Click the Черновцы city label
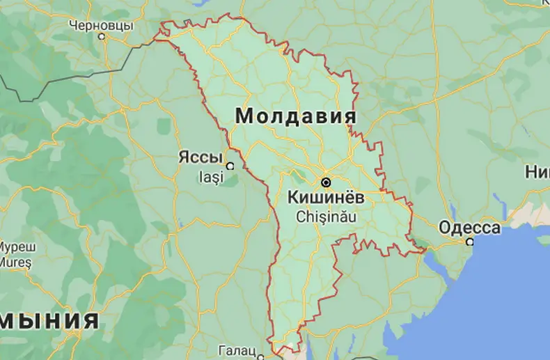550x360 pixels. pos(101,25)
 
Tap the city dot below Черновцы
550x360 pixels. pos(102,36)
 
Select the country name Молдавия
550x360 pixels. pos(296,116)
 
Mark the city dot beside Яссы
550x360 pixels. pos(229,166)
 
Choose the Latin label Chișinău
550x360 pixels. pos(327,216)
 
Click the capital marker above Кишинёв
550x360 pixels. pos(326,182)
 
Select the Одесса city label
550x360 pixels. pos(469,228)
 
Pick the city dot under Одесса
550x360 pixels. pos(470,242)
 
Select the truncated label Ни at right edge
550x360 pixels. pos(537,172)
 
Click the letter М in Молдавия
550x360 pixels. pos(244,116)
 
